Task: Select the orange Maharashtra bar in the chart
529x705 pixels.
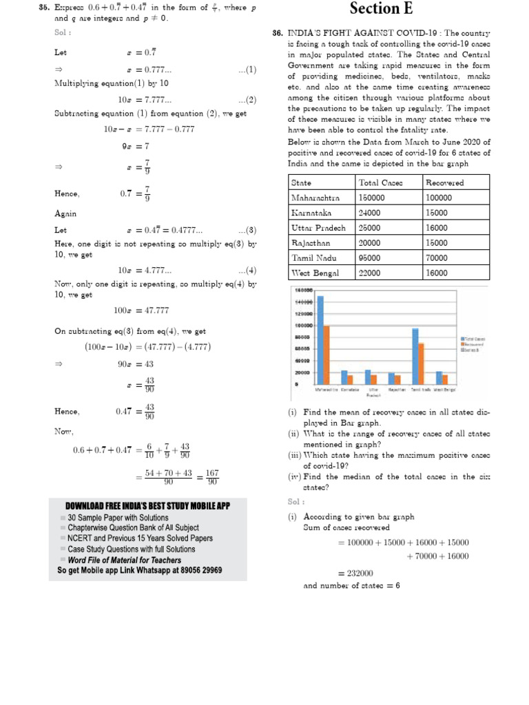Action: [x=327, y=355]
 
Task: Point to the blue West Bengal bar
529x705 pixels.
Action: [x=439, y=378]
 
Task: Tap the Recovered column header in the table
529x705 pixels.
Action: [x=445, y=183]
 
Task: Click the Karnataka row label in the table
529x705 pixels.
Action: [x=311, y=213]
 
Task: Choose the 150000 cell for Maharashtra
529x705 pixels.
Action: [x=373, y=198]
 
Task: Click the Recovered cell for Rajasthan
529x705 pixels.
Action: [x=437, y=243]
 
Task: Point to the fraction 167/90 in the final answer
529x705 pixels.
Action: [x=211, y=477]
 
